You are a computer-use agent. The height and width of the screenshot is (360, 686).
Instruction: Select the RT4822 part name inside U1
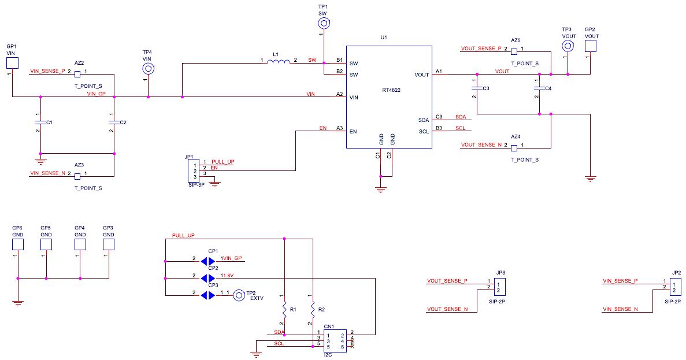(x=391, y=90)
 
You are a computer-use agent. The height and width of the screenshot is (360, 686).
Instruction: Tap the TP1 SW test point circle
(x=324, y=24)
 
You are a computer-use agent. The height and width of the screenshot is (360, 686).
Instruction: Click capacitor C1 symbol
(x=40, y=123)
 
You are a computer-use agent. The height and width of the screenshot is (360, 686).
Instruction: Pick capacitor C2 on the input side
(x=114, y=123)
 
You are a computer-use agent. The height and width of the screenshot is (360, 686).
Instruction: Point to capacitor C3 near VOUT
(x=477, y=88)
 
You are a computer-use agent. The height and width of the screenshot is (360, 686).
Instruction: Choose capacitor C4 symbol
(x=539, y=88)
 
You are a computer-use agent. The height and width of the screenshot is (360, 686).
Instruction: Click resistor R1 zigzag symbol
(x=284, y=306)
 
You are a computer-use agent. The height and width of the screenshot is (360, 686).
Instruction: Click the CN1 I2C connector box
(x=335, y=341)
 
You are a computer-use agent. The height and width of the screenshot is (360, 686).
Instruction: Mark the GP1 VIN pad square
(x=12, y=62)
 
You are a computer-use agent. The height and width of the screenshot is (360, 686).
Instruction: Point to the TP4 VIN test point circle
(x=148, y=69)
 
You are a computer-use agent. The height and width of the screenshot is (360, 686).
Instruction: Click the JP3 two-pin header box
(x=500, y=287)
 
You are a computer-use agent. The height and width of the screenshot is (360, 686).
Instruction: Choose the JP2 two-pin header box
(x=676, y=287)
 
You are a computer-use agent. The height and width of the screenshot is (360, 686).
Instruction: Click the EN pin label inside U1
(x=354, y=132)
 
